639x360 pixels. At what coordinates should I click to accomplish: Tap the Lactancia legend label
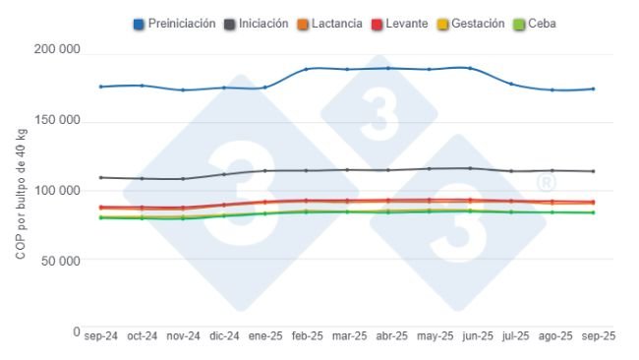pos(334,24)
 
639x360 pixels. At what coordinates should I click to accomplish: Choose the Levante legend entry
pos(405,24)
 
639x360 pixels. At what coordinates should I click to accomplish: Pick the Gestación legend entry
pos(477,24)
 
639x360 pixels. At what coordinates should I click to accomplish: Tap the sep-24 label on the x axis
pos(101,336)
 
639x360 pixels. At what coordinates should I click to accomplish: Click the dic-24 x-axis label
pos(224,336)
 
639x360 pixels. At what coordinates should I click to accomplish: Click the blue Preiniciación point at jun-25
pos(470,68)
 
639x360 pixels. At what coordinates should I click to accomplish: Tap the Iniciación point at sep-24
pos(101,178)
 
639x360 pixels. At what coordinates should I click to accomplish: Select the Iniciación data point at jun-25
pos(470,168)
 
